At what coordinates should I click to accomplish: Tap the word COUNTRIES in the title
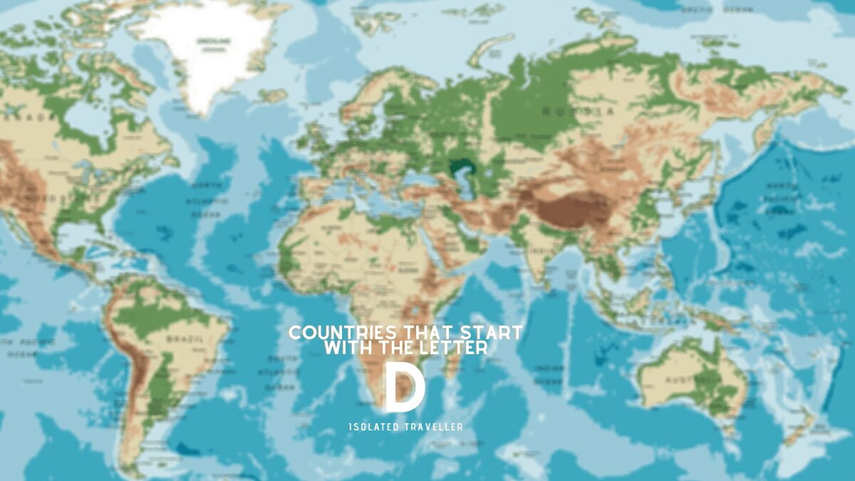(333, 333)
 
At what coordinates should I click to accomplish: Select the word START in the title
(492, 333)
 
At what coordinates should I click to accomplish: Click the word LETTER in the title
(456, 348)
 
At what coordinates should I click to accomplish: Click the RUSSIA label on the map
(577, 111)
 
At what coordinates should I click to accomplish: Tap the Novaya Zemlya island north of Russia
(492, 46)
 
